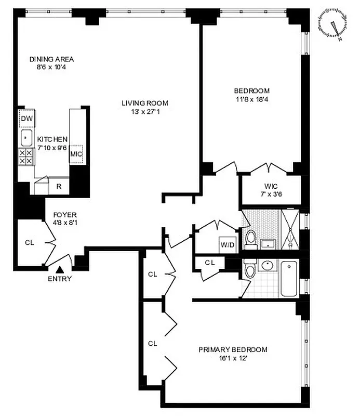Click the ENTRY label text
click(60, 279)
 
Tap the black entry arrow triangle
click(60, 269)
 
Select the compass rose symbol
click(332, 25)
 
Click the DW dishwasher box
click(26, 120)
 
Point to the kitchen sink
click(26, 138)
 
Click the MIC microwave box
click(77, 154)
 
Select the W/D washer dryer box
click(228, 244)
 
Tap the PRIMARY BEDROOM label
click(233, 349)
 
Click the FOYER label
click(64, 214)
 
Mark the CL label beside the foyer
click(30, 242)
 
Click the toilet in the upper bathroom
click(251, 239)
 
